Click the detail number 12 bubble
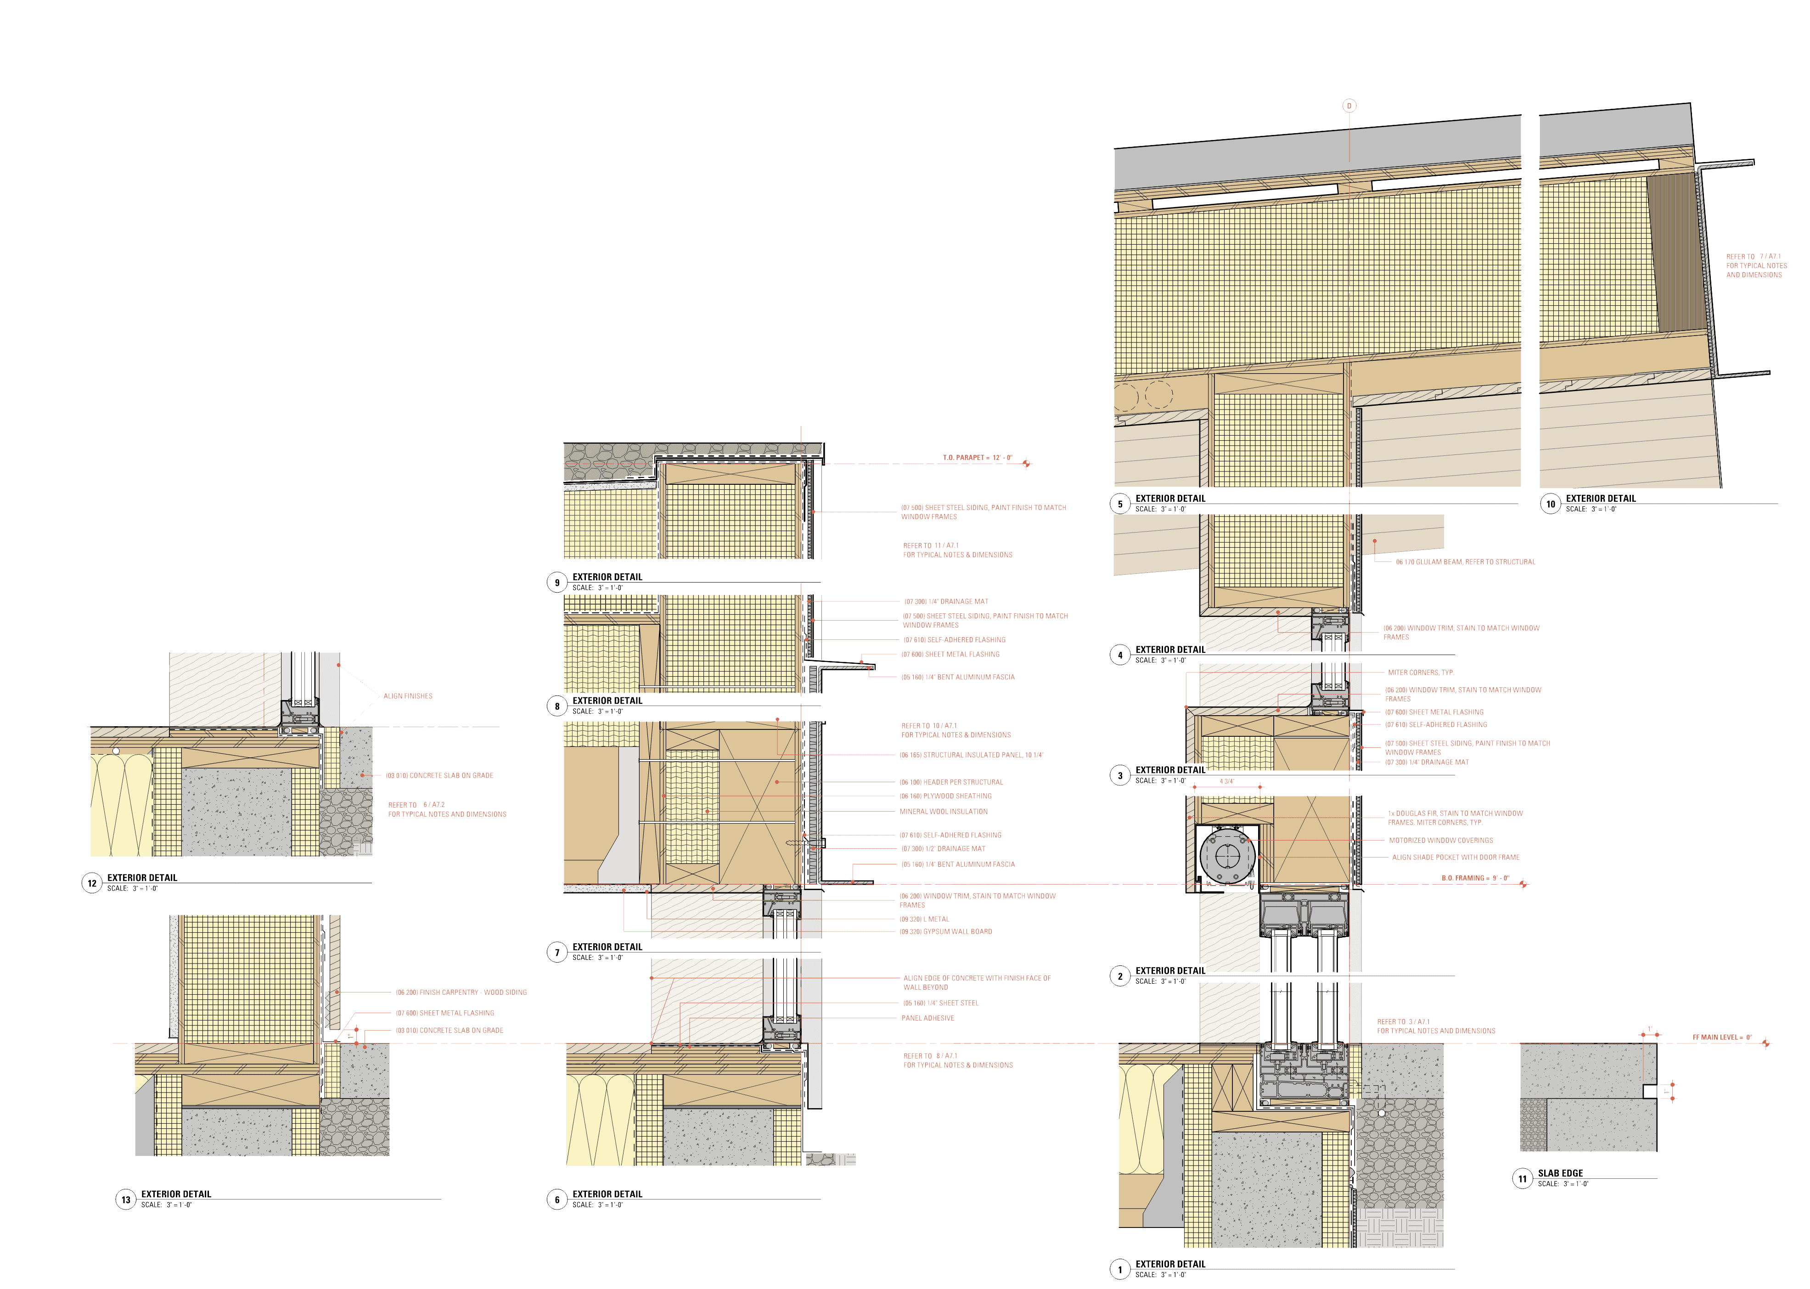[x=92, y=883]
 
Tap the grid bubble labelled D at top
[x=1349, y=106]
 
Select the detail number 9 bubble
[x=556, y=583]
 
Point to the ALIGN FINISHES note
[x=408, y=696]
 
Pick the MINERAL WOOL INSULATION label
[x=943, y=812]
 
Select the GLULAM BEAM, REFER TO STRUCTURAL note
[x=1466, y=562]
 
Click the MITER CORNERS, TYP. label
[x=1421, y=673]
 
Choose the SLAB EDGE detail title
[x=1560, y=1173]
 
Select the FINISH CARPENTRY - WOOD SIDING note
[x=461, y=992]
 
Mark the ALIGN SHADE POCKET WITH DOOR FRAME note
[x=1456, y=857]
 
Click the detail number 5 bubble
[x=1120, y=504]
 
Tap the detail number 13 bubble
[x=125, y=1199]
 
